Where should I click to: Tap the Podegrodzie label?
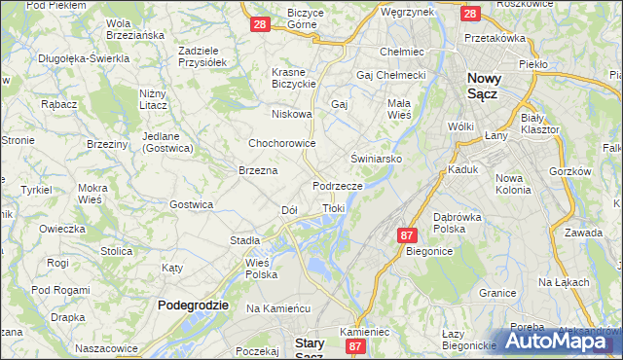point(193,305)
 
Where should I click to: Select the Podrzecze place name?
point(338,185)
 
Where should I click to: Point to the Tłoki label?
point(333,207)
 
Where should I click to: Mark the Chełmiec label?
point(399,51)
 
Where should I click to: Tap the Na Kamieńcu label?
point(277,307)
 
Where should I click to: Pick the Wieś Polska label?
point(261,268)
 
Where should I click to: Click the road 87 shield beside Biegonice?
point(408,234)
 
